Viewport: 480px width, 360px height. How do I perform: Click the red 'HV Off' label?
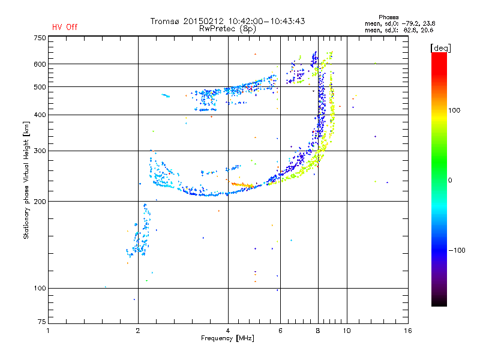pyautogui.click(x=65, y=27)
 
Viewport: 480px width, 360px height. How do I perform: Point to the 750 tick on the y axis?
pyautogui.click(x=40, y=38)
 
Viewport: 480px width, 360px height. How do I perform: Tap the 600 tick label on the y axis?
pyautogui.click(x=40, y=64)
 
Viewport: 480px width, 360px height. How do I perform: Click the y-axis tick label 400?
pyautogui.click(x=40, y=115)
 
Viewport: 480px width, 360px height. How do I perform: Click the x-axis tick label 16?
pyautogui.click(x=408, y=331)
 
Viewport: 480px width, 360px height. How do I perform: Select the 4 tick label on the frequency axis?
pyautogui.click(x=228, y=331)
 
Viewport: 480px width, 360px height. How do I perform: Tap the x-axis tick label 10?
pyautogui.click(x=346, y=331)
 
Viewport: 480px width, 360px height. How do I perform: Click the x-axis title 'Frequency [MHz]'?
pyautogui.click(x=227, y=338)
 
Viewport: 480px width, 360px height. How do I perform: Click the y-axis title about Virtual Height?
pyautogui.click(x=26, y=181)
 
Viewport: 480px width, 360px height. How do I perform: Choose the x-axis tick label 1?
pyautogui.click(x=48, y=331)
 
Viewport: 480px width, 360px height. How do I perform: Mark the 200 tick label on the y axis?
pyautogui.click(x=40, y=201)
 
